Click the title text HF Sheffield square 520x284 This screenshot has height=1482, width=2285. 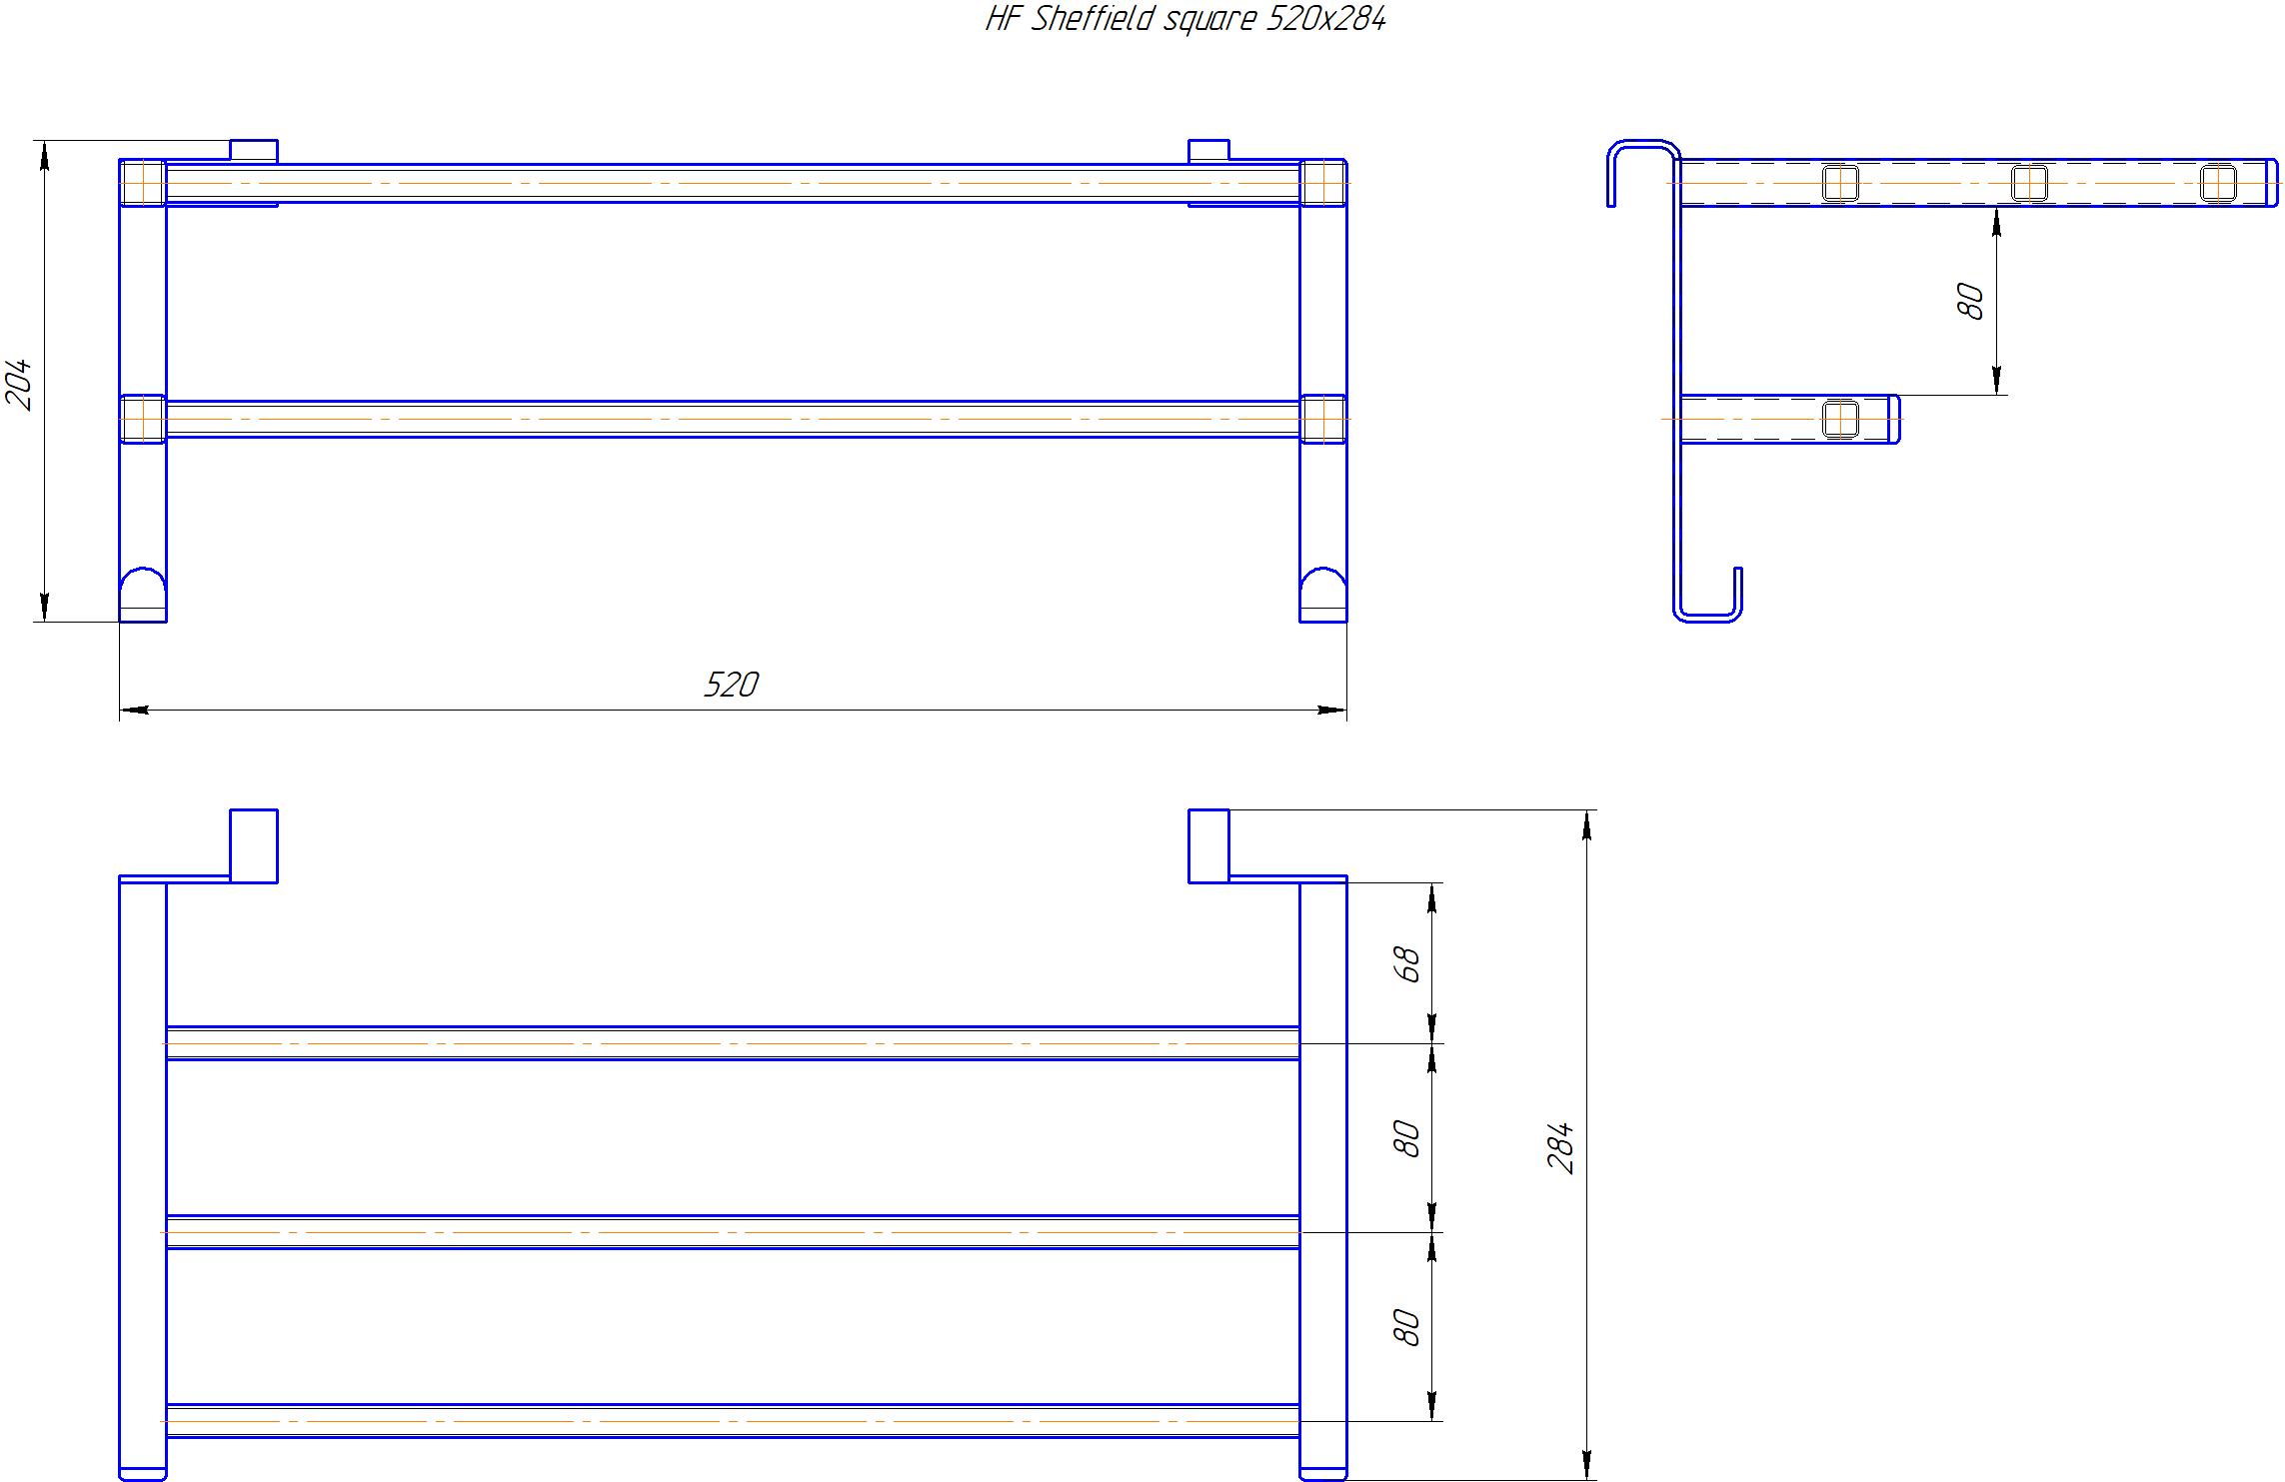[x=1185, y=19]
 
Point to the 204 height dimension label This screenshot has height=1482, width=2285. [x=20, y=385]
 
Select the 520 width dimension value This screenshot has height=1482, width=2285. [x=732, y=685]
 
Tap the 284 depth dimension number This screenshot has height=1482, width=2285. [x=1560, y=1147]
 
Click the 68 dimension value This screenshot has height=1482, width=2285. [x=1406, y=964]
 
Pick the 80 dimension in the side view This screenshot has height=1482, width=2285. [x=1971, y=301]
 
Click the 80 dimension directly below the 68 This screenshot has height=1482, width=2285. [x=1406, y=1139]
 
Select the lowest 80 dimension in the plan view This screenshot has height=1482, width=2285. [x=1406, y=1327]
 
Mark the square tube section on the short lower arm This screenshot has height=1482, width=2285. [x=1840, y=419]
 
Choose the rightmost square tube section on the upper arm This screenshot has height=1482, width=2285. [x=2218, y=183]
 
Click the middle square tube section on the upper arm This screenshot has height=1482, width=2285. [x=2029, y=183]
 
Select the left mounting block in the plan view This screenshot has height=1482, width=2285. [x=254, y=846]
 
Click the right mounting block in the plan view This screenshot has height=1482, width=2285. [x=1208, y=846]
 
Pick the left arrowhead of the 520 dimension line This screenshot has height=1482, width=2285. [x=134, y=711]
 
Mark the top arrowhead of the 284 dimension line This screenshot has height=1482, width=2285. [x=1587, y=825]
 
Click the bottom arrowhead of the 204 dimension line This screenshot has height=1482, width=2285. [x=44, y=607]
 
